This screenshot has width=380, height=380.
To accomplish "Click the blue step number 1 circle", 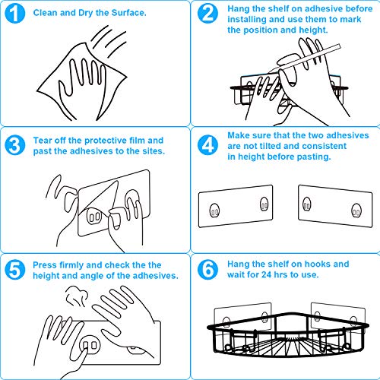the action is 15,14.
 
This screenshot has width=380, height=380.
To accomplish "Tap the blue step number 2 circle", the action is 207,14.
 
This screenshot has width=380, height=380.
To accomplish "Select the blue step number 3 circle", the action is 15,145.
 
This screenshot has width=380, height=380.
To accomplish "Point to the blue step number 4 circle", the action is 207,145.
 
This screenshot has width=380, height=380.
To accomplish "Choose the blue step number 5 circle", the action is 15,270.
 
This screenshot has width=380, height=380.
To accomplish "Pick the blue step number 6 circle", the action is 207,270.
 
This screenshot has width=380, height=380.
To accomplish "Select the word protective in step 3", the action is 106,141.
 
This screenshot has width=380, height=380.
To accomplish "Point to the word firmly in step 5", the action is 71,265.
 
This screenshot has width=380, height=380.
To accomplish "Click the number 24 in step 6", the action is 266,274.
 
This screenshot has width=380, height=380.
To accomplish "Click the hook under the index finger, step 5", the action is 90,345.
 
